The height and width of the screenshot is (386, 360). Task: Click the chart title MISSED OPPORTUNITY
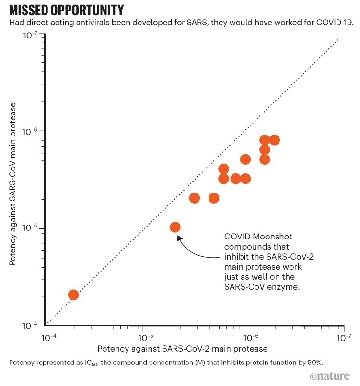67,10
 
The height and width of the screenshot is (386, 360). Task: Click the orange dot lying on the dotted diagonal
73,295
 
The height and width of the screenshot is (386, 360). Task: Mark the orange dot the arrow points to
175,227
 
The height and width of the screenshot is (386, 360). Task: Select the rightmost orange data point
275,140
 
